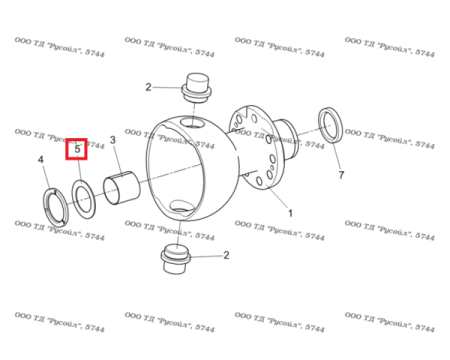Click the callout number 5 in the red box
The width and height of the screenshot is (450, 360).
click(x=77, y=149)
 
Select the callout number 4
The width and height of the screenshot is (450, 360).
click(x=41, y=160)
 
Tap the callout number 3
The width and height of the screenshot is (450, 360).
click(x=113, y=141)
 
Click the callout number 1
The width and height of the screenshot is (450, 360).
click(x=290, y=213)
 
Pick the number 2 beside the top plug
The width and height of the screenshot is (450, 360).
click(x=148, y=87)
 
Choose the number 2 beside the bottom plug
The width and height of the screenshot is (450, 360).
click(x=226, y=255)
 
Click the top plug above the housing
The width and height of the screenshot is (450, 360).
click(x=194, y=87)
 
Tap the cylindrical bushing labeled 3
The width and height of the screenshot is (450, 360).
click(x=120, y=185)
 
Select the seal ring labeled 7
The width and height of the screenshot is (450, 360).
click(x=330, y=126)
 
